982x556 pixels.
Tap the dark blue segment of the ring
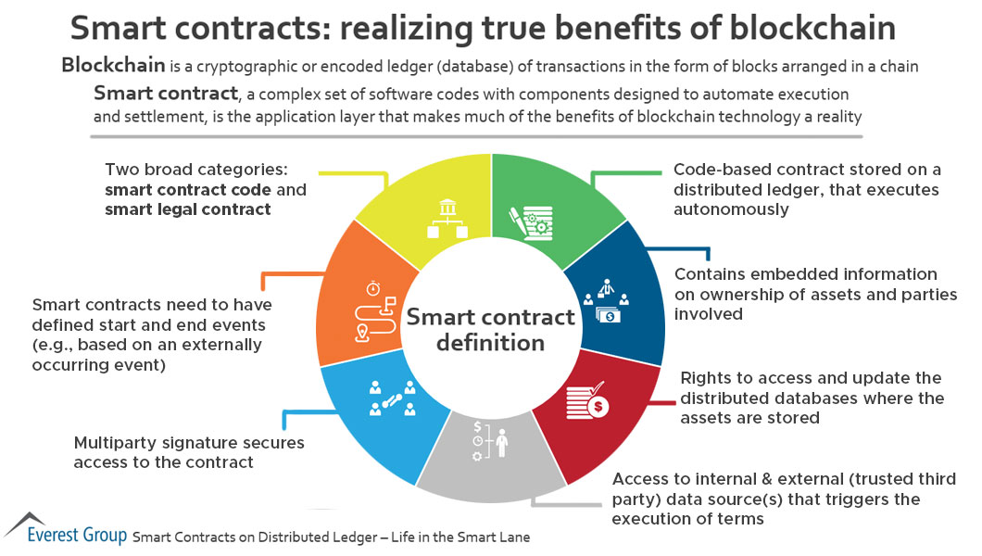click(616, 297)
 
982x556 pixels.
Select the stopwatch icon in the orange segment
click(373, 287)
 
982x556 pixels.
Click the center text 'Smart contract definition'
click(491, 329)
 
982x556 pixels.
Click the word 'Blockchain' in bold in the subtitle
click(105, 66)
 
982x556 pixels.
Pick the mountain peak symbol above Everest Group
click(26, 519)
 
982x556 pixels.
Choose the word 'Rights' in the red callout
click(705, 378)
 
